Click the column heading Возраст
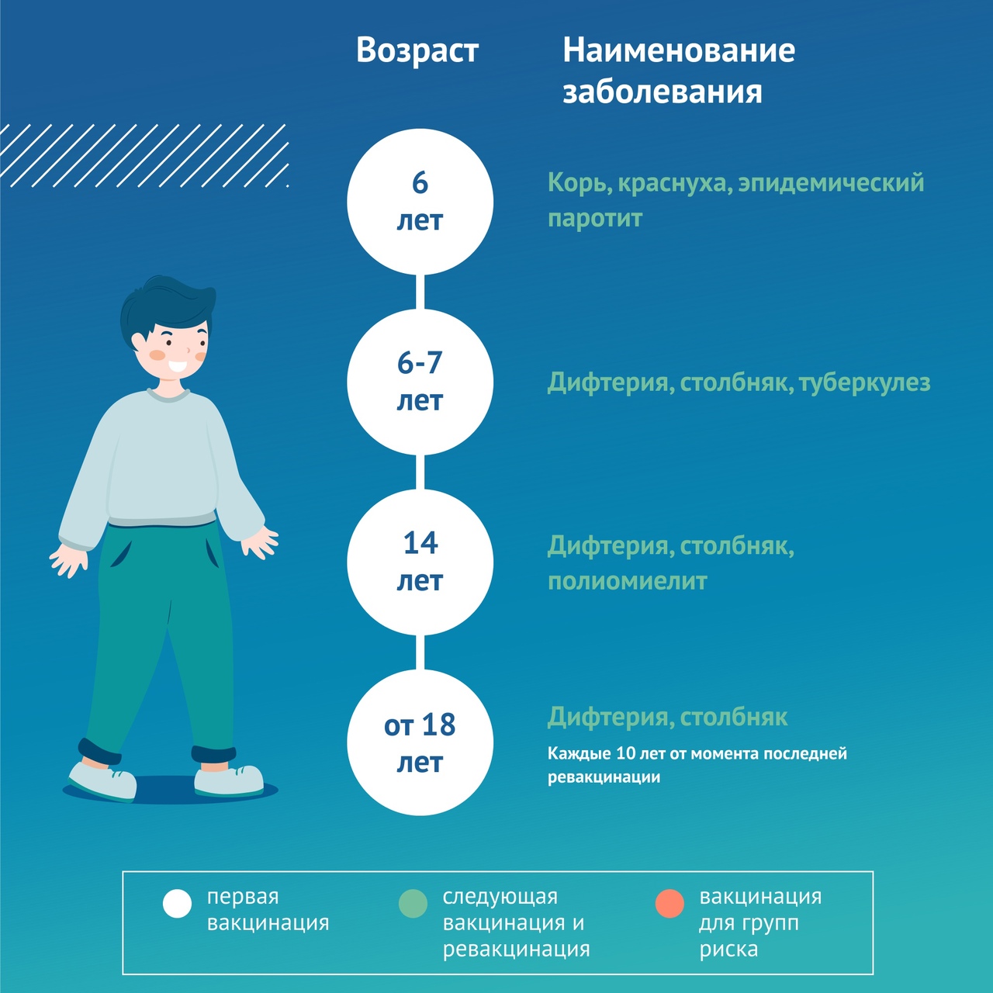(x=417, y=51)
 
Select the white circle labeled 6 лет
(x=420, y=202)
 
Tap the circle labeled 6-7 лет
(x=420, y=382)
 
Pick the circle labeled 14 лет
(x=420, y=562)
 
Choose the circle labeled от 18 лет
(x=420, y=742)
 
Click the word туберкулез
(x=865, y=383)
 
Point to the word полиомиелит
(x=627, y=581)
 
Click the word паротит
(x=595, y=219)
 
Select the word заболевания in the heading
(x=663, y=92)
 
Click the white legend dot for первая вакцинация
(x=178, y=903)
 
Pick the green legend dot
(x=413, y=903)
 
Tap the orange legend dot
(x=669, y=903)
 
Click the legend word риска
(x=728, y=950)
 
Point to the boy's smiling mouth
(x=178, y=366)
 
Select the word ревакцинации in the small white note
(x=604, y=777)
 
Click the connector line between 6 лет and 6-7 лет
(x=420, y=292)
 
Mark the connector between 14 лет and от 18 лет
(x=420, y=653)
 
